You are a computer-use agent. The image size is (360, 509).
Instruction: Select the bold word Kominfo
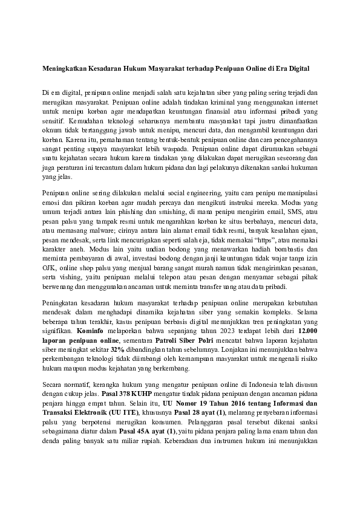pyautogui.click(x=93, y=332)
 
